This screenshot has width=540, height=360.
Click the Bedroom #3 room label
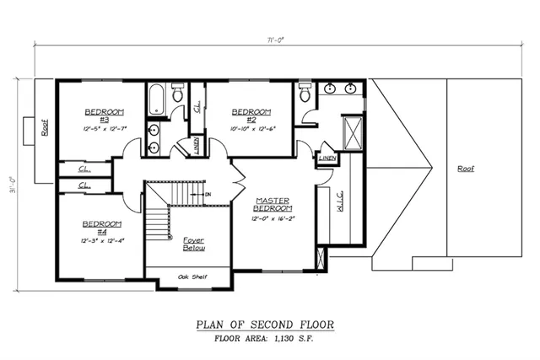click(x=104, y=116)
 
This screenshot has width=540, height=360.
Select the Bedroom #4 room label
click(x=101, y=228)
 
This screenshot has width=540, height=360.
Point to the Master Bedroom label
click(x=273, y=204)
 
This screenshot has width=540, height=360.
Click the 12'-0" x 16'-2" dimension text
click(x=273, y=219)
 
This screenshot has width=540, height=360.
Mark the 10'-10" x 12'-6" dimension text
click(x=251, y=129)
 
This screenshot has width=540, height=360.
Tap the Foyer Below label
click(x=193, y=244)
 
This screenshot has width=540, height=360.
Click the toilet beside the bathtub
click(x=178, y=94)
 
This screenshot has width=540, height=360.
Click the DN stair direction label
click(x=208, y=195)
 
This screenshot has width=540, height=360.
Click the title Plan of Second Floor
click(x=265, y=324)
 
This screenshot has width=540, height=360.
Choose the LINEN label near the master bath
click(x=327, y=158)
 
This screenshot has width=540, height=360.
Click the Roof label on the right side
click(x=466, y=168)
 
